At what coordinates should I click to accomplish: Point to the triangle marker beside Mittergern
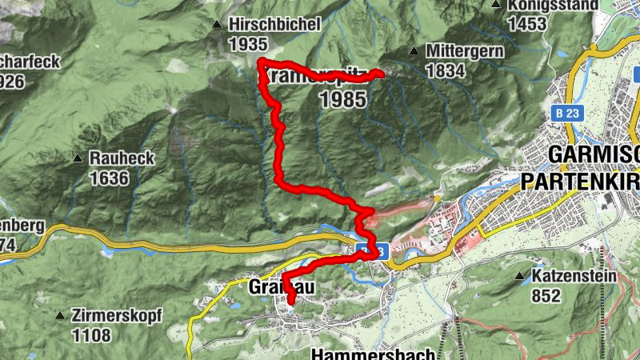(414, 51)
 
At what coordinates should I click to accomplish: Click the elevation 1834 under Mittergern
(445, 70)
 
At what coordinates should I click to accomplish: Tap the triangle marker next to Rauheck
(78, 158)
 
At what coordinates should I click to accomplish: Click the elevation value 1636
(109, 178)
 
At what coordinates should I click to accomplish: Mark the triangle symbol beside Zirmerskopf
(59, 316)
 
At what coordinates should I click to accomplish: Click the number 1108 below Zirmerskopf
(91, 335)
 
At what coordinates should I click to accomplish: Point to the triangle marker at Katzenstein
(520, 277)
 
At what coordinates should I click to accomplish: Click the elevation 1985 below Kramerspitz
(342, 99)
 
